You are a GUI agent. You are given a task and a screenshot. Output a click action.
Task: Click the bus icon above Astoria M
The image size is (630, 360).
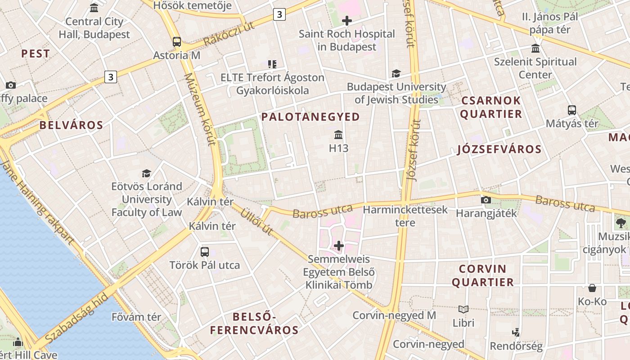click(177, 42)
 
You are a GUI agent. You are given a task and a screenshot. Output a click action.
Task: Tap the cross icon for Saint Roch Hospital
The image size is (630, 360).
click(347, 20)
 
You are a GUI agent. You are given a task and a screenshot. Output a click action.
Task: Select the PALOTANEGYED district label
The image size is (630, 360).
click(310, 117)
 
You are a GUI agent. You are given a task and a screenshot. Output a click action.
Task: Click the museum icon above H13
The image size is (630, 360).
click(338, 135)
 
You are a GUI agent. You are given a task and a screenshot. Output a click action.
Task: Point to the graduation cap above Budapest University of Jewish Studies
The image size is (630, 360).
click(396, 73)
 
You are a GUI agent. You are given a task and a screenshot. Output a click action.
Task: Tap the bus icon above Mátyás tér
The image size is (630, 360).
click(572, 110)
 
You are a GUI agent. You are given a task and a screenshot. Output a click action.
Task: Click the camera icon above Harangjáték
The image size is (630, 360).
click(486, 200)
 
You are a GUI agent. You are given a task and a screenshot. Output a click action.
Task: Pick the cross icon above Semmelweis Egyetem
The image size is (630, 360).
click(339, 246)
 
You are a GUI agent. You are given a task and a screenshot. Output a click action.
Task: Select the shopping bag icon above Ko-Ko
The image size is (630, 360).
click(592, 288)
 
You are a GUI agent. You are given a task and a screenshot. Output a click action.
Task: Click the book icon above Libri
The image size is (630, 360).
click(463, 309)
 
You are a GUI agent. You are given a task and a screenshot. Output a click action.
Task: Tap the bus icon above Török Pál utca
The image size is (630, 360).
click(205, 252)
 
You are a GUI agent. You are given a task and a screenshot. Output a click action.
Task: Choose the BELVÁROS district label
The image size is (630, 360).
click(71, 125)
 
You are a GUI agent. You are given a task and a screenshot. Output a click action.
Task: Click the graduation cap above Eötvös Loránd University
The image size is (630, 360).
click(146, 173)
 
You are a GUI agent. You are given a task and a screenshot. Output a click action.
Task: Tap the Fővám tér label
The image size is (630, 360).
click(136, 317)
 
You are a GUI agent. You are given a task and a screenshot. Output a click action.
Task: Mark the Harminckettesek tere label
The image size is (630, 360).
click(405, 216)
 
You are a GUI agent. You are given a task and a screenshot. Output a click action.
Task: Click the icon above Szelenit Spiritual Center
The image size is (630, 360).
click(535, 49)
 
